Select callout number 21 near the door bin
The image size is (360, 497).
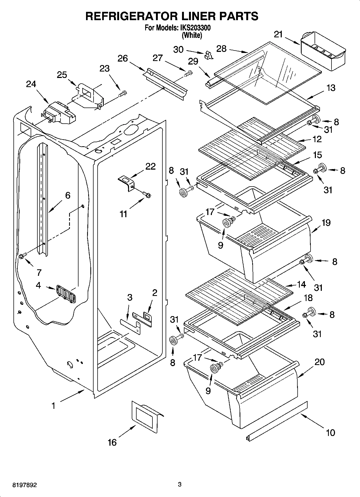pos(278,34)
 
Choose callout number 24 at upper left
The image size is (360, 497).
pos(31,84)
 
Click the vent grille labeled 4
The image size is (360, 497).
pos(66,293)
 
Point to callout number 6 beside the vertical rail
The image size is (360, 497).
pos(68,195)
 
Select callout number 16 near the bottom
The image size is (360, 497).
pos(112,442)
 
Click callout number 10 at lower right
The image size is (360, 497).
pos(330,432)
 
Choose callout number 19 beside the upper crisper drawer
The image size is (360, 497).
pos(326,223)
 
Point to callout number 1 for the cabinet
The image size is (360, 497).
pos(54,406)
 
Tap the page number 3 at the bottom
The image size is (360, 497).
pos(180,485)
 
